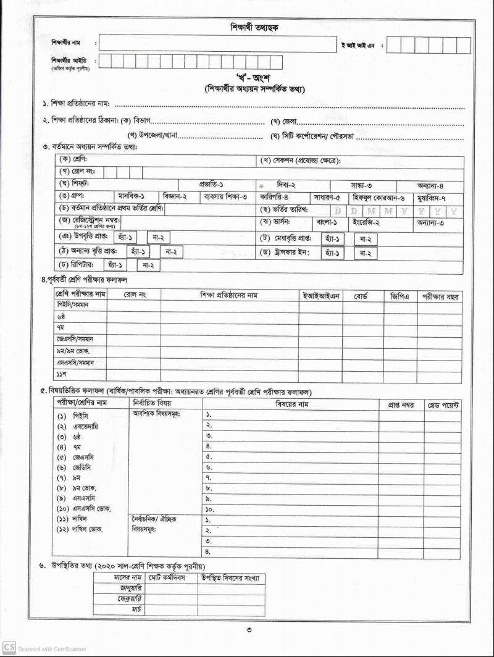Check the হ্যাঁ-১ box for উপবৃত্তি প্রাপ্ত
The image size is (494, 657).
tap(127, 238)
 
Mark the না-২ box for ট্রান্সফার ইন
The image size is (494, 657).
tap(366, 253)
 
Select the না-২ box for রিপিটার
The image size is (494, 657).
tap(148, 266)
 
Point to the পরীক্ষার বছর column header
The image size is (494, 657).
tap(440, 296)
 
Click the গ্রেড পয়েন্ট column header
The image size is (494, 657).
tap(443, 404)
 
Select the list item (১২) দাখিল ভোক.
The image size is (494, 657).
tap(82, 530)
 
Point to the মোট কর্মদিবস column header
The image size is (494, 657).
tap(171, 578)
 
